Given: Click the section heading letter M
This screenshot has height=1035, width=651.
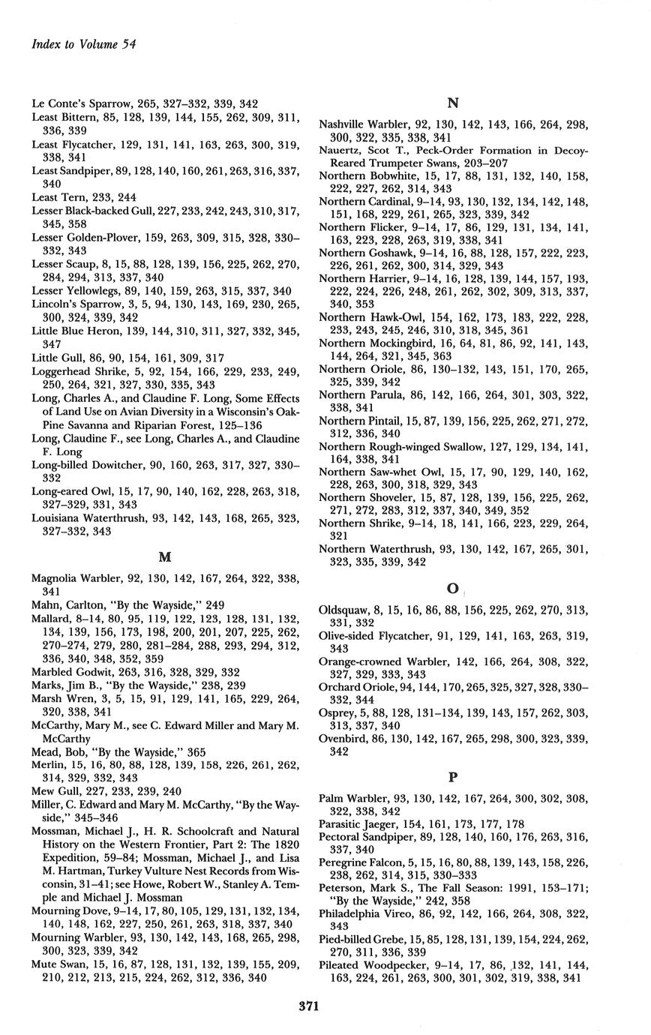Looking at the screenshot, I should pyautogui.click(x=165, y=557).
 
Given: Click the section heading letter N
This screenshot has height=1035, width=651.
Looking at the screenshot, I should pyautogui.click(x=452, y=103).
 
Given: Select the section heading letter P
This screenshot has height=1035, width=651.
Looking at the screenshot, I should pyautogui.click(x=453, y=777).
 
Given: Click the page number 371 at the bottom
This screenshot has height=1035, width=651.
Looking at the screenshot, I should pyautogui.click(x=309, y=1006).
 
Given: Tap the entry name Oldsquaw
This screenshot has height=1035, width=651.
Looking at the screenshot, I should pyautogui.click(x=343, y=610).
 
